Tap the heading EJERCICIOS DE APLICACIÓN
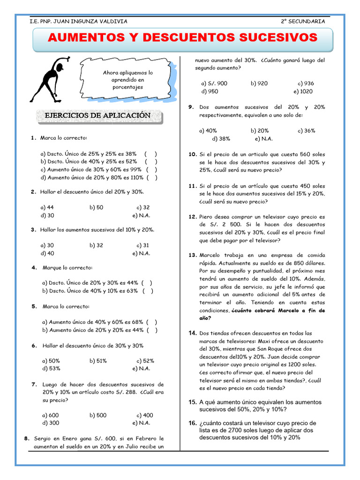coord(97,115)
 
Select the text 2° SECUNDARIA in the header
coord(302,21)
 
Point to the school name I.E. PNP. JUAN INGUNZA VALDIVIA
coord(78,21)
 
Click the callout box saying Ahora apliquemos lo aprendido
coord(128,80)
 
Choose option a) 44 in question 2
coord(47,207)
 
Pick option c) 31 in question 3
coord(143,245)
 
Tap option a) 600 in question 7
coord(50,415)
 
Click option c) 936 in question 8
coord(306,83)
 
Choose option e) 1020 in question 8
coord(303,91)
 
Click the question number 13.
coord(193,255)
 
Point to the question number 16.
coord(193,423)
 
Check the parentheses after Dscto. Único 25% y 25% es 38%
coord(151,153)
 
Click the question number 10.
coord(193,154)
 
